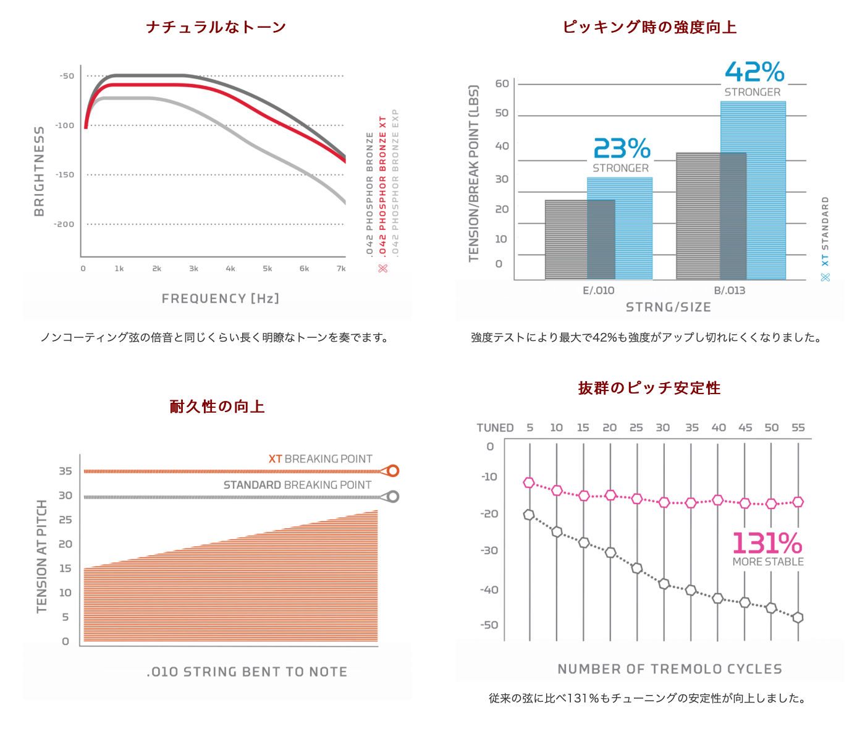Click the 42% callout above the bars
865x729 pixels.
pos(754,72)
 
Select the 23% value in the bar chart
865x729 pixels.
pos(622,149)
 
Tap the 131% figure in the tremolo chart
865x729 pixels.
pos(767,544)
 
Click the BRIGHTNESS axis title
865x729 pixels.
pos(40,171)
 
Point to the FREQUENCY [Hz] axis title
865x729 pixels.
pos(221,298)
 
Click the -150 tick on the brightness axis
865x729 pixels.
pos(65,175)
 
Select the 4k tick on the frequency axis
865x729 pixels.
pos(230,269)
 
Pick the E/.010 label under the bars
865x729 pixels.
pos(598,290)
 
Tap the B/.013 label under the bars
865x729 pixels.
pos(730,290)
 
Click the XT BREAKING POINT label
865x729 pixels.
pos(320,459)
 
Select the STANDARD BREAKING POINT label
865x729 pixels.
pos(297,485)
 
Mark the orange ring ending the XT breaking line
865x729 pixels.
pos(392,471)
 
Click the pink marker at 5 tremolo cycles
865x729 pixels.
pos(529,482)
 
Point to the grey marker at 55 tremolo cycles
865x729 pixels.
pos(798,617)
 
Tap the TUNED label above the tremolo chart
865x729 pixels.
pos(495,428)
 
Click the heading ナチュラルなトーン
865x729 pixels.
pos(216,27)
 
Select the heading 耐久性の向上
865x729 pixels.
pos(217,406)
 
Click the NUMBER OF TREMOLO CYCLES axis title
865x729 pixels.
pos(670,669)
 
